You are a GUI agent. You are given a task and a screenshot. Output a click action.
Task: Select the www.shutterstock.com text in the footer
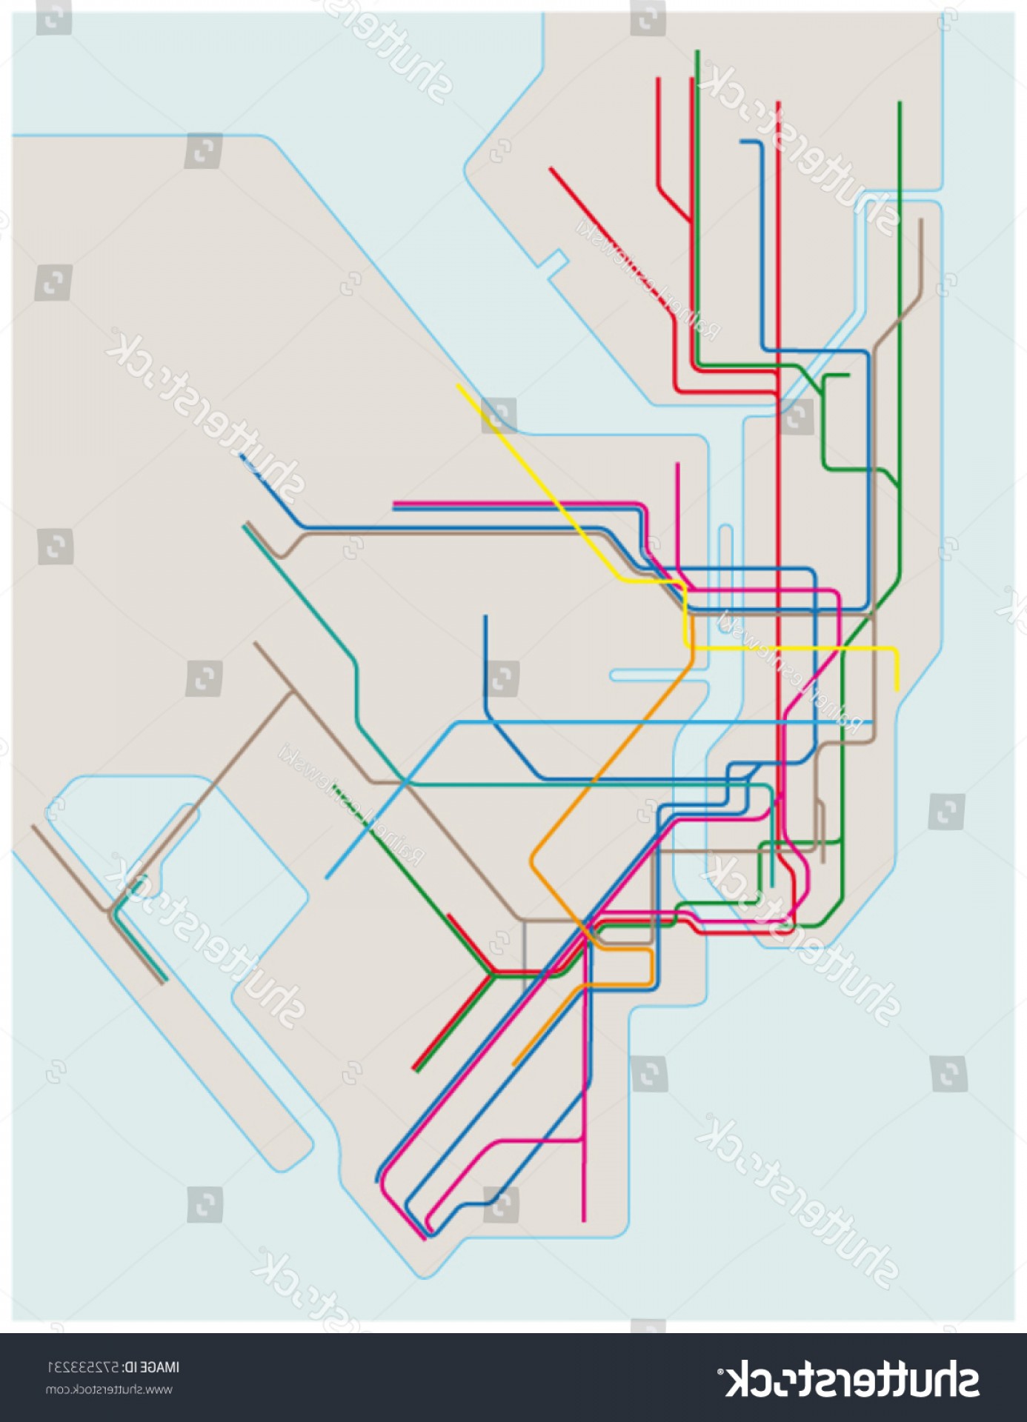109,1389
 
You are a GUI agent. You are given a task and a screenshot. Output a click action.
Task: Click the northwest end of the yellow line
459,386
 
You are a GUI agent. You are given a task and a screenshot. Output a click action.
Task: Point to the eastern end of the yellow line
897,690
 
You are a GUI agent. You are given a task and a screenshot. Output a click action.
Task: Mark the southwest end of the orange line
514,1065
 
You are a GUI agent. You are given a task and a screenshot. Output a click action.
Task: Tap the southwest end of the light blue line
327,878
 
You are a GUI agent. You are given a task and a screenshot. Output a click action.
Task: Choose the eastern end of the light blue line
872,721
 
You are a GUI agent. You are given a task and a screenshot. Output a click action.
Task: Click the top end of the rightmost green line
900,103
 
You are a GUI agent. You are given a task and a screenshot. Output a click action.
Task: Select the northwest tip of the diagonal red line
551,169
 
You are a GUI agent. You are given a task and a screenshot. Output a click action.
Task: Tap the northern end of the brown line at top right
921,220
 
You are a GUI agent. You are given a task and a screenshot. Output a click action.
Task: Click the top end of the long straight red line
778,102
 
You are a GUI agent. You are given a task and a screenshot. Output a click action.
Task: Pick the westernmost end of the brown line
33,827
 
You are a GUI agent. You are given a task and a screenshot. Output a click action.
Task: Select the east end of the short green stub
848,375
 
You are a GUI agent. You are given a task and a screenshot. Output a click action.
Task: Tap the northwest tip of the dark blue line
241,455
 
